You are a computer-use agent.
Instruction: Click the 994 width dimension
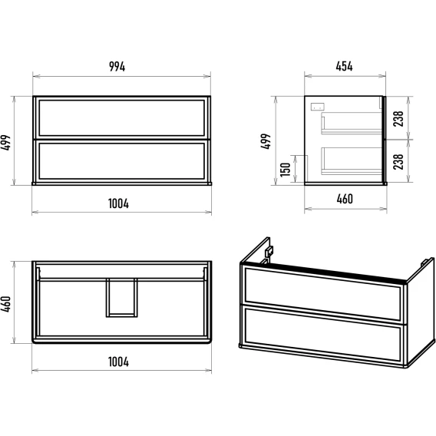(117, 67)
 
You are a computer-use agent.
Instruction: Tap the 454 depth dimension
(344, 67)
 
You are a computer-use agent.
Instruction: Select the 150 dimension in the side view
(286, 170)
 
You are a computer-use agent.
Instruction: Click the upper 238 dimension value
(398, 118)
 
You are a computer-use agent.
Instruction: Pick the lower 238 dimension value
(398, 161)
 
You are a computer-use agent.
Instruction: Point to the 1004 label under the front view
(118, 203)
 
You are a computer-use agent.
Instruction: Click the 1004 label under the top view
(118, 362)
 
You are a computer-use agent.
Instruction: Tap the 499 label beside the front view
(5, 143)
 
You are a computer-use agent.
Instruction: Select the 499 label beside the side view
(266, 141)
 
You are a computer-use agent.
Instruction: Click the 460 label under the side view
(345, 199)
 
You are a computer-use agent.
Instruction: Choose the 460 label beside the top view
(5, 304)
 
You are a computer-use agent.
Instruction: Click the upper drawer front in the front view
(122, 118)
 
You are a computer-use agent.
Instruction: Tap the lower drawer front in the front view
(122, 161)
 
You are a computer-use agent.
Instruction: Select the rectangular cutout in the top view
(122, 298)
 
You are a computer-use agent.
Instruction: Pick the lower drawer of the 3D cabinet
(323, 332)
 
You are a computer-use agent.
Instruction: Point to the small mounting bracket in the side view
(317, 107)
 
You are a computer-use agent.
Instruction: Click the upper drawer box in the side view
(352, 123)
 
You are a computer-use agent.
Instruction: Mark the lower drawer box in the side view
(352, 161)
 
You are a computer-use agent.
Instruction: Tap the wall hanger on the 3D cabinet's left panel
(269, 252)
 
